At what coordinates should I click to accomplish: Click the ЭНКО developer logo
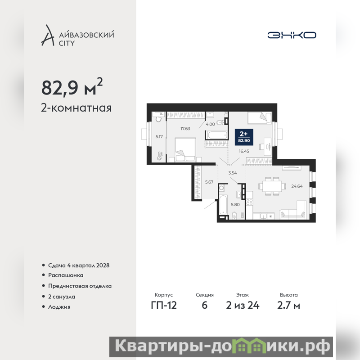click(292, 35)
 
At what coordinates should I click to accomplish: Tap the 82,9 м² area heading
click(72, 86)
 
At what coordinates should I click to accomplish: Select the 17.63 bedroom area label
click(185, 129)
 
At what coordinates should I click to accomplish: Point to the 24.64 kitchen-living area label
click(297, 186)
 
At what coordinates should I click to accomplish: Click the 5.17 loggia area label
click(159, 137)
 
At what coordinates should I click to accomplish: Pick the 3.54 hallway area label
click(233, 173)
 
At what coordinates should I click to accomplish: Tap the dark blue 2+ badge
click(244, 137)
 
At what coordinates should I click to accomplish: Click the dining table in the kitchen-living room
click(272, 186)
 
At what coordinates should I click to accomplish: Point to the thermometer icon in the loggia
click(160, 156)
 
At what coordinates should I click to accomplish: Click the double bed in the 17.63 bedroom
click(185, 150)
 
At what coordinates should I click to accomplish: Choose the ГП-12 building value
click(164, 305)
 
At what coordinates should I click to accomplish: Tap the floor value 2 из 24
click(243, 305)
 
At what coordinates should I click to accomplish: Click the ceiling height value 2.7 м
click(288, 305)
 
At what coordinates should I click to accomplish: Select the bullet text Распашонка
click(66, 275)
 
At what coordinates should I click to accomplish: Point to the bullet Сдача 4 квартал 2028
click(79, 265)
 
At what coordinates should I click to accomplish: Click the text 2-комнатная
click(76, 108)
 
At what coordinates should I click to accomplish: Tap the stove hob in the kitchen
click(249, 202)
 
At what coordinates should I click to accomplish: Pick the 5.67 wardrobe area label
click(209, 182)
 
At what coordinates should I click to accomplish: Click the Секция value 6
click(205, 305)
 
